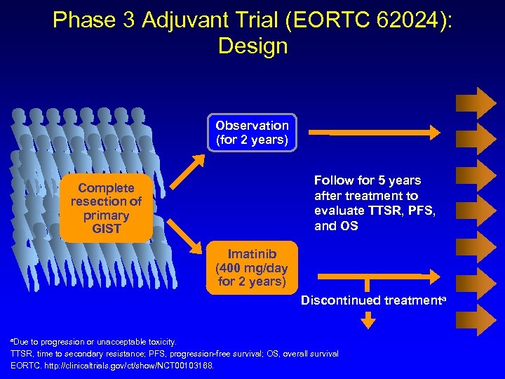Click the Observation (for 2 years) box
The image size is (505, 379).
252,133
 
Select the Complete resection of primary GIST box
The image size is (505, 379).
106,208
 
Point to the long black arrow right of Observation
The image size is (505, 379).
375,131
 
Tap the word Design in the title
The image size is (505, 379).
252,46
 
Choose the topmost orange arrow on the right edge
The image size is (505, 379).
476,102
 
